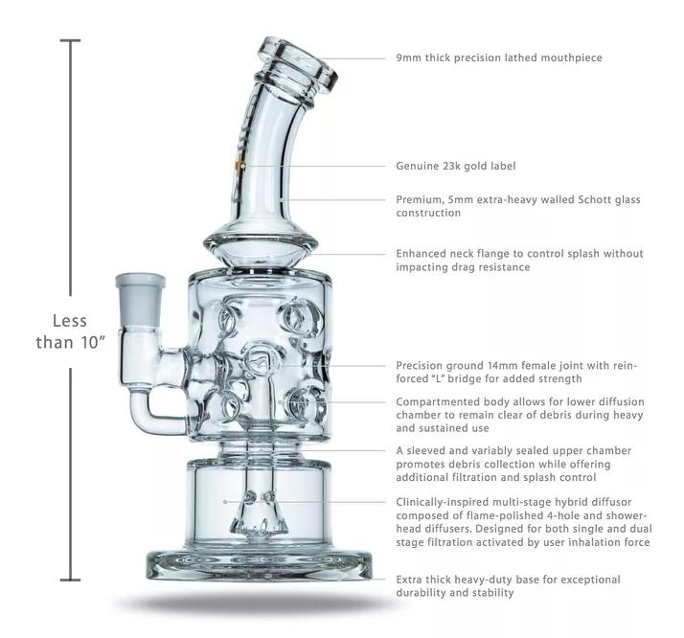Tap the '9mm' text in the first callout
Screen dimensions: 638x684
410,58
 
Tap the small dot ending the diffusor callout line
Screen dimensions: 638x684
226,501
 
